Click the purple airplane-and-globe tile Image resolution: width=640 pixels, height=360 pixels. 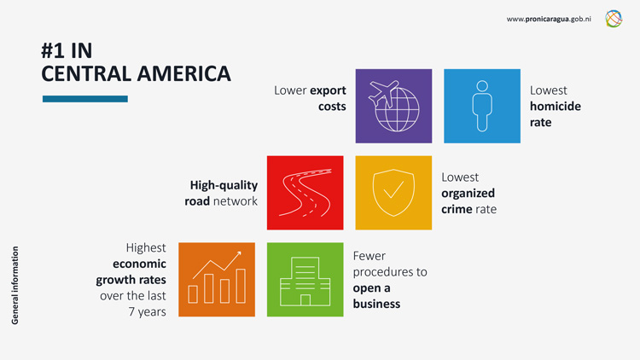click(393, 106)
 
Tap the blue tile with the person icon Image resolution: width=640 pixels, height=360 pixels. click(482, 106)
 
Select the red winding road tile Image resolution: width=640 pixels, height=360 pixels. click(305, 193)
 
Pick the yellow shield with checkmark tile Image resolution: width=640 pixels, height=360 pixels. click(393, 193)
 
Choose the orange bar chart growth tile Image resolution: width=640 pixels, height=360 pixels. click(217, 280)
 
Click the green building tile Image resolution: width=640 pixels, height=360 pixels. click(305, 280)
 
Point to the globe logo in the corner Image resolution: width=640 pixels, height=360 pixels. click(614, 19)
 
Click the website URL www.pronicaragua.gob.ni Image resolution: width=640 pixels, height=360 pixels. click(550, 19)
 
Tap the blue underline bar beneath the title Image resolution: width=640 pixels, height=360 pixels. click(84, 99)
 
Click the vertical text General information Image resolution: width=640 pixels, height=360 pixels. click(15, 285)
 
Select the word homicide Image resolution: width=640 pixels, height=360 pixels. click(555, 106)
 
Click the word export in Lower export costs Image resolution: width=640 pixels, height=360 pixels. click(328, 90)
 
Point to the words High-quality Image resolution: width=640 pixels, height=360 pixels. click(224, 185)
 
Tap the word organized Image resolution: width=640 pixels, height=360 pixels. click(468, 193)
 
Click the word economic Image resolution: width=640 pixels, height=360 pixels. click(139, 264)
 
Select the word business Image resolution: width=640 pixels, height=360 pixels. click(376, 304)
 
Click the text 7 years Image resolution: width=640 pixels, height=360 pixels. click(148, 311)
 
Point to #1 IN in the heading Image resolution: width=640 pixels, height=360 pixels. click(67, 50)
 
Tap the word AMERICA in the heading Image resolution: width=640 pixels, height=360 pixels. click(183, 73)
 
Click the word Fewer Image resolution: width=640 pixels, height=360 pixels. click(369, 255)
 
